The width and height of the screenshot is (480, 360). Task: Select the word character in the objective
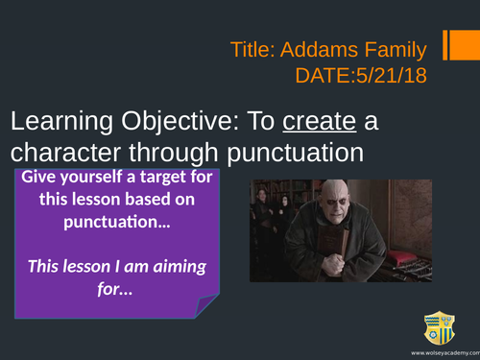point(63,154)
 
